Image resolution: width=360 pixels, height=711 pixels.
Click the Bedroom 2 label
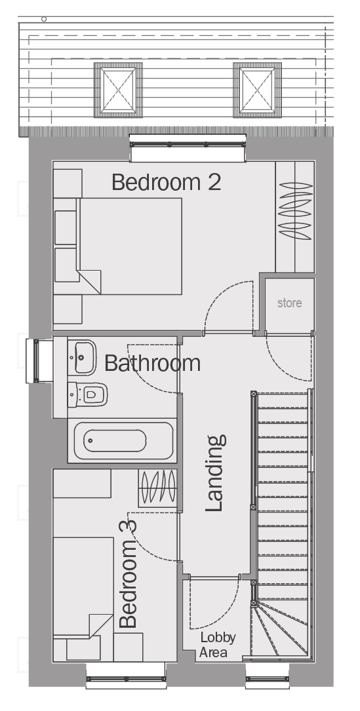click(x=166, y=182)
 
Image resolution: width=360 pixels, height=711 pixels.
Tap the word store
click(x=289, y=303)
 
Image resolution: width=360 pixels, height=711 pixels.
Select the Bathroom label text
click(x=152, y=363)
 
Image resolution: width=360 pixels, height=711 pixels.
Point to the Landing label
click(x=215, y=473)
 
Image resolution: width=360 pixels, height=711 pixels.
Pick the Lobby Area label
click(x=218, y=645)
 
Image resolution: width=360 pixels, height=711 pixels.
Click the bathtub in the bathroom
click(x=122, y=441)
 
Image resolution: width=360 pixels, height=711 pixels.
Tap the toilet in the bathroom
click(x=88, y=394)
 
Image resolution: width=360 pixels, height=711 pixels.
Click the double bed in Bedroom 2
click(x=130, y=246)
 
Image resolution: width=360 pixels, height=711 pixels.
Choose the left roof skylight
click(x=118, y=90)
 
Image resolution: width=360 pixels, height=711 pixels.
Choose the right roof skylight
click(x=258, y=90)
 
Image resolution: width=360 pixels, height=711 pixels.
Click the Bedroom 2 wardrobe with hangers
click(x=295, y=217)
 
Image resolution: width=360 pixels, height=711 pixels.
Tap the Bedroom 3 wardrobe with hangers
click(x=157, y=488)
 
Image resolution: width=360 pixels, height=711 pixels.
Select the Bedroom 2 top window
click(x=188, y=147)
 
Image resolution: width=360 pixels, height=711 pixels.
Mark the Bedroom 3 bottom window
click(x=126, y=676)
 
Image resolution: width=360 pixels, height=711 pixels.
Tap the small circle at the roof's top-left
click(x=44, y=19)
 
